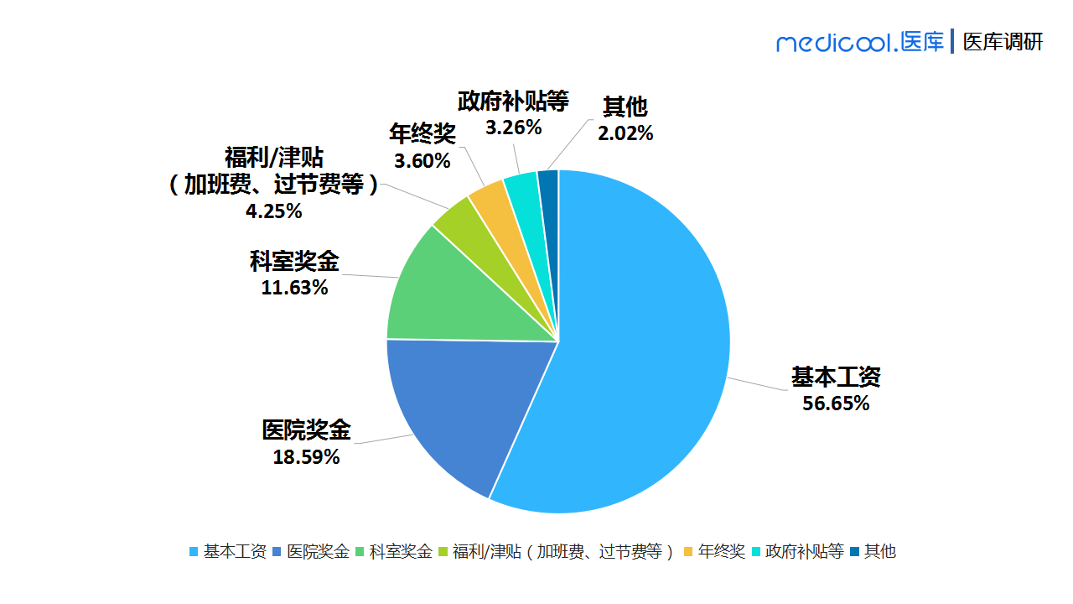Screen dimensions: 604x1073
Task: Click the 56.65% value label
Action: (x=836, y=404)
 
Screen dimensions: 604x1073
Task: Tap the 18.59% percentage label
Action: (x=306, y=458)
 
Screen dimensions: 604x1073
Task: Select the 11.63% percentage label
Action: (x=294, y=289)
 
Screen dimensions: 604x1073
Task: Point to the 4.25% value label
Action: (x=273, y=211)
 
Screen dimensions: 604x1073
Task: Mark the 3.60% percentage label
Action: (x=422, y=160)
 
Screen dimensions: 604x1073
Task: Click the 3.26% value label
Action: (x=513, y=128)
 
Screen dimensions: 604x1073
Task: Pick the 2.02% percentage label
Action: (x=625, y=133)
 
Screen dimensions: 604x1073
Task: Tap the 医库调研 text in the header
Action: (x=1003, y=42)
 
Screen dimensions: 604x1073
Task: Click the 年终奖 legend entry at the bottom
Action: (x=715, y=552)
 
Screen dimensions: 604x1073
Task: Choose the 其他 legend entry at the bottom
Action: (x=873, y=552)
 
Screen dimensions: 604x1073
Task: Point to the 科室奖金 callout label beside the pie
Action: (x=294, y=262)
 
